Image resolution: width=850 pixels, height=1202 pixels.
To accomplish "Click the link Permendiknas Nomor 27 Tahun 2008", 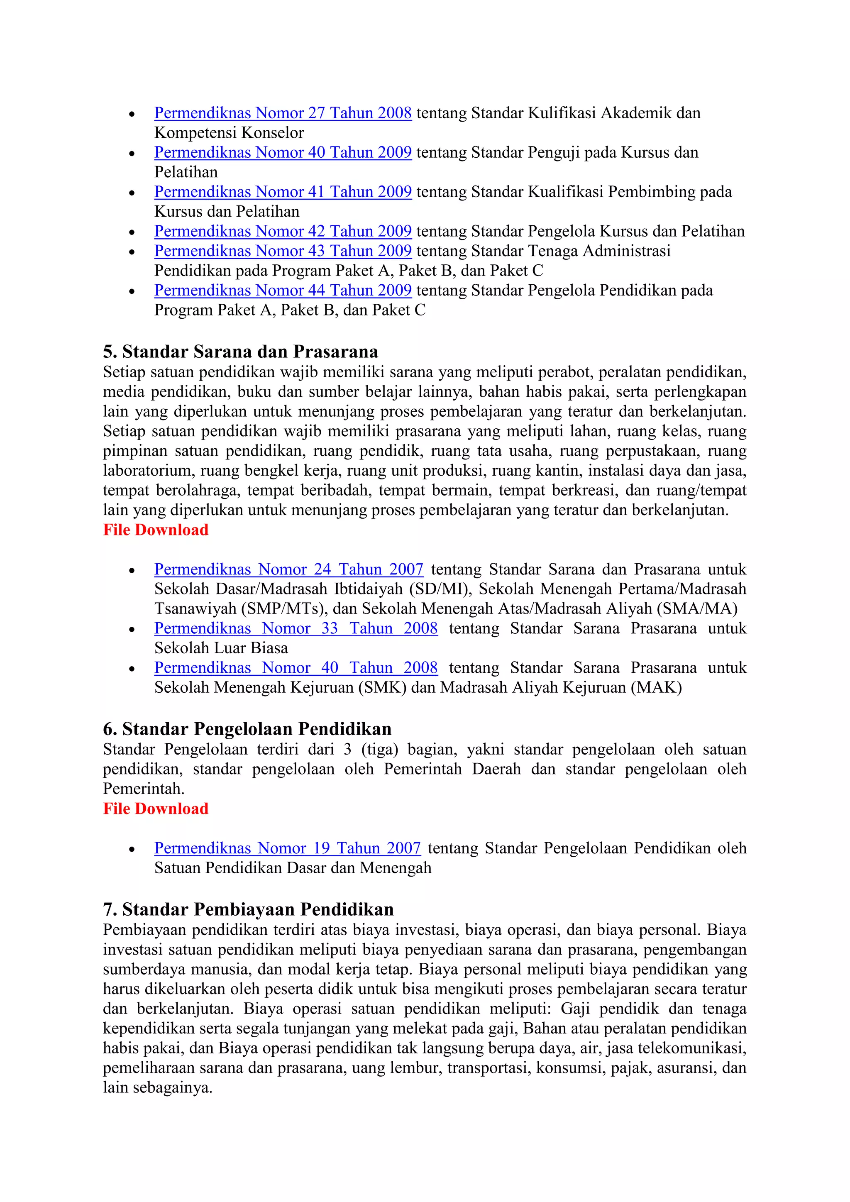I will tap(283, 113).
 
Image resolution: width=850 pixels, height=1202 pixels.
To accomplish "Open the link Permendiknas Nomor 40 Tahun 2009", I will tap(283, 152).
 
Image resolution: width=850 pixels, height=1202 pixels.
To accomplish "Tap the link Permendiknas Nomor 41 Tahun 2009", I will tap(283, 192).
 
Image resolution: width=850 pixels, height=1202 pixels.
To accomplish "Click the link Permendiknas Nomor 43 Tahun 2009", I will tap(283, 251).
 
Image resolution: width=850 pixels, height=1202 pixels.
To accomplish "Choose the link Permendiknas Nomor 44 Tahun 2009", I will tap(283, 290).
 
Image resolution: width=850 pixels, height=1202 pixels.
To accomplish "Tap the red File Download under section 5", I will tap(156, 530).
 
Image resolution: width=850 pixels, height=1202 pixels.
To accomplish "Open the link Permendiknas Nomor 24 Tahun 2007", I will tap(288, 569).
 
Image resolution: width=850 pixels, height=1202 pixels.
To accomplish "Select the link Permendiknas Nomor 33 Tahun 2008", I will tap(296, 628).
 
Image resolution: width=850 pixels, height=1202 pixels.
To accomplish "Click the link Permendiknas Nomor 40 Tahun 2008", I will tap(296, 667).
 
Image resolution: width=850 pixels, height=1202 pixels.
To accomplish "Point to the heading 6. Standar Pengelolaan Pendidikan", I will tap(247, 729).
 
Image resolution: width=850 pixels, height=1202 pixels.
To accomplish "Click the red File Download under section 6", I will tap(156, 809).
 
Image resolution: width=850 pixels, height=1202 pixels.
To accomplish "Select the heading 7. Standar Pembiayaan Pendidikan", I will tap(248, 909).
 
